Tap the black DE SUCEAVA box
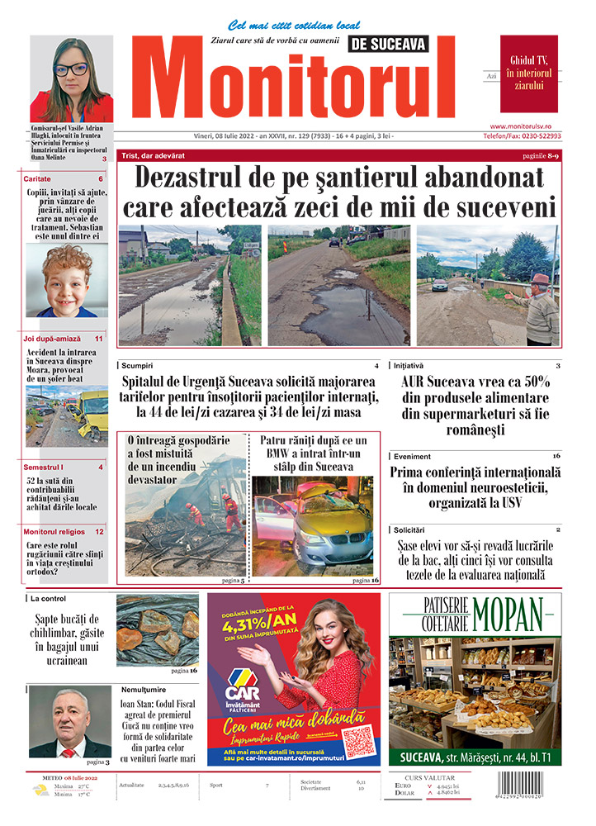click(x=388, y=44)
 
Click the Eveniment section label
click(x=412, y=455)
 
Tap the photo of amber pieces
click(x=158, y=629)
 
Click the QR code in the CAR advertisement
click(x=358, y=740)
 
